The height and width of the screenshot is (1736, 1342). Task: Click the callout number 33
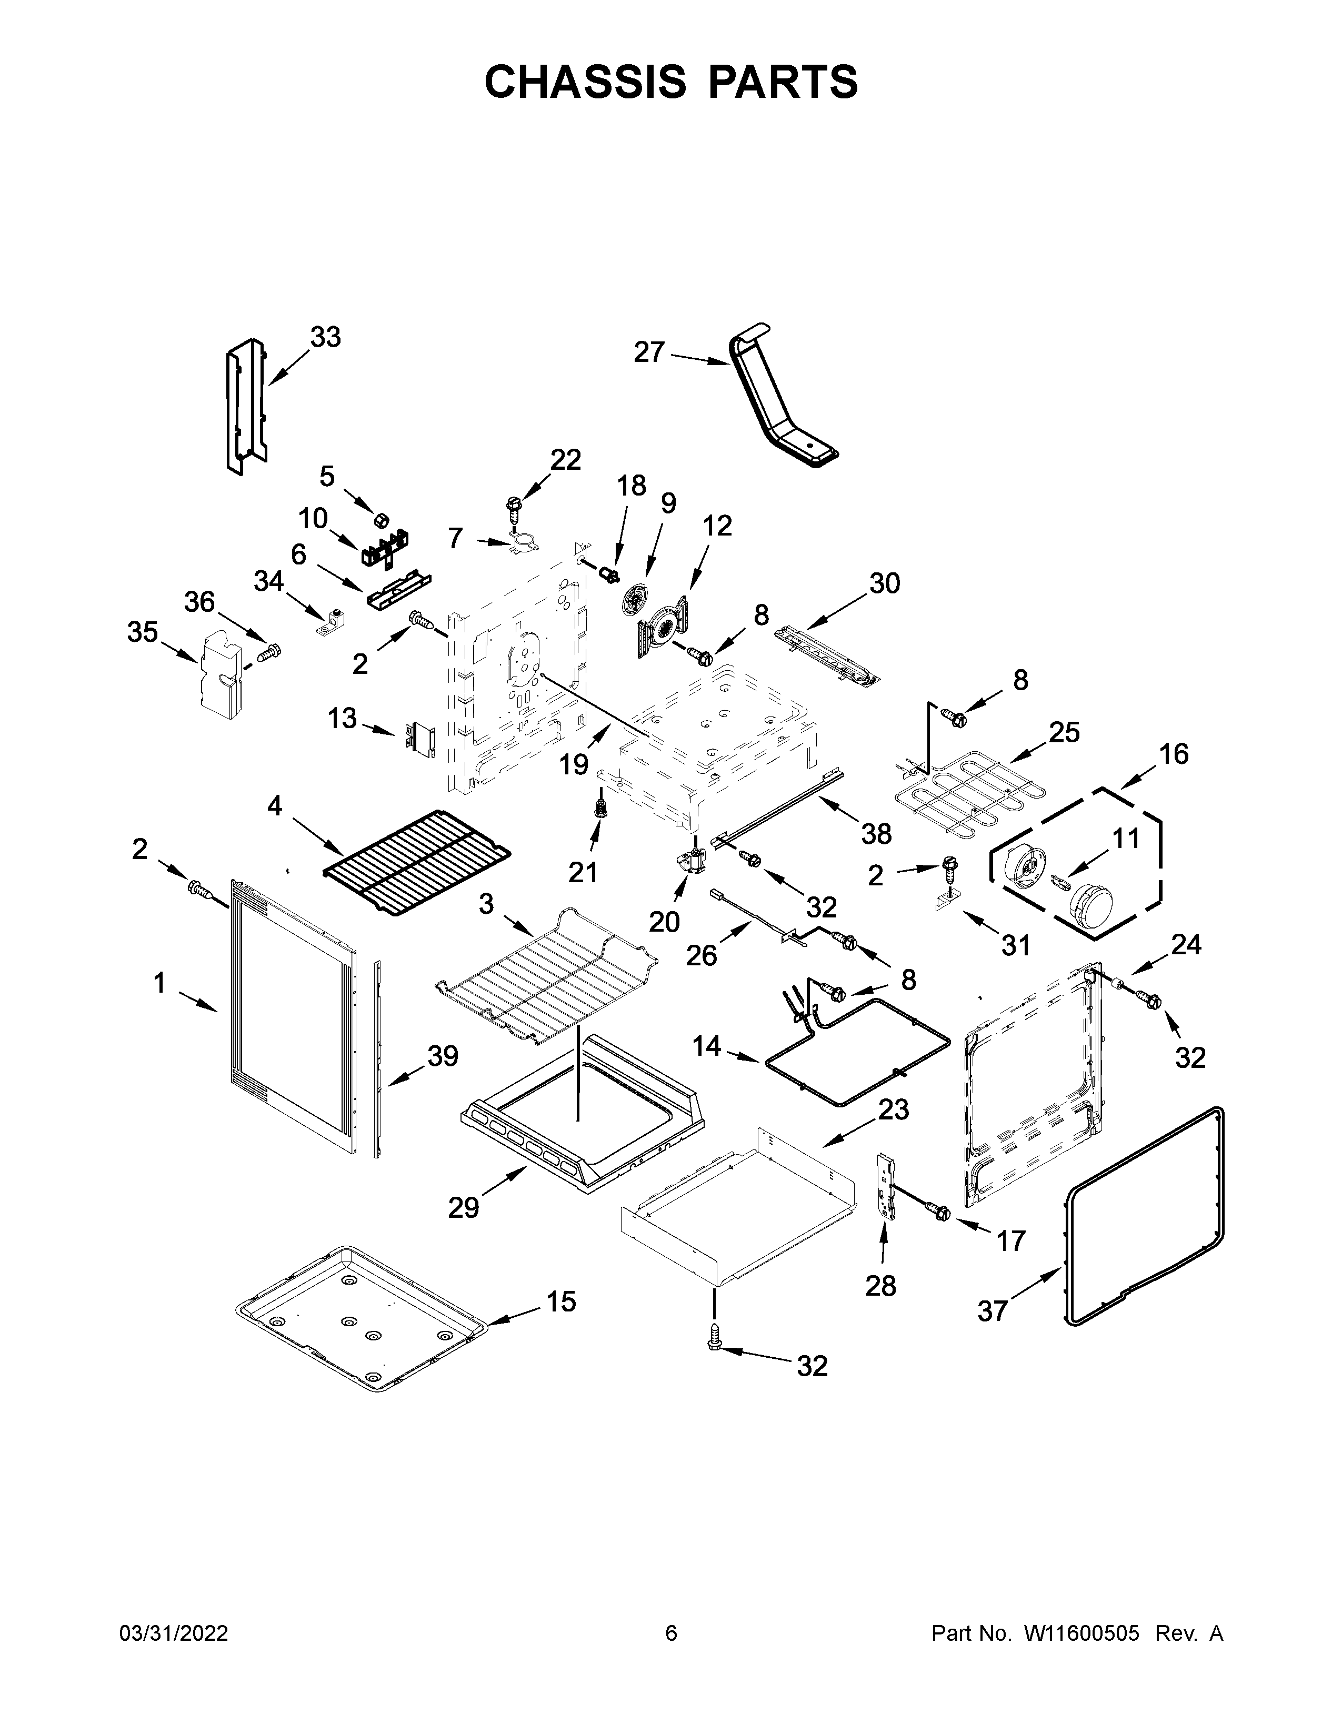coord(325,337)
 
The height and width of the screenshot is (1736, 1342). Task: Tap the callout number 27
coord(649,352)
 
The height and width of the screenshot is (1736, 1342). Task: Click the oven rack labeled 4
coord(417,861)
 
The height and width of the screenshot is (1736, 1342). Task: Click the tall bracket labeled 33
coord(245,406)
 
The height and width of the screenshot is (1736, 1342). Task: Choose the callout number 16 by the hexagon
coord(1174,753)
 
